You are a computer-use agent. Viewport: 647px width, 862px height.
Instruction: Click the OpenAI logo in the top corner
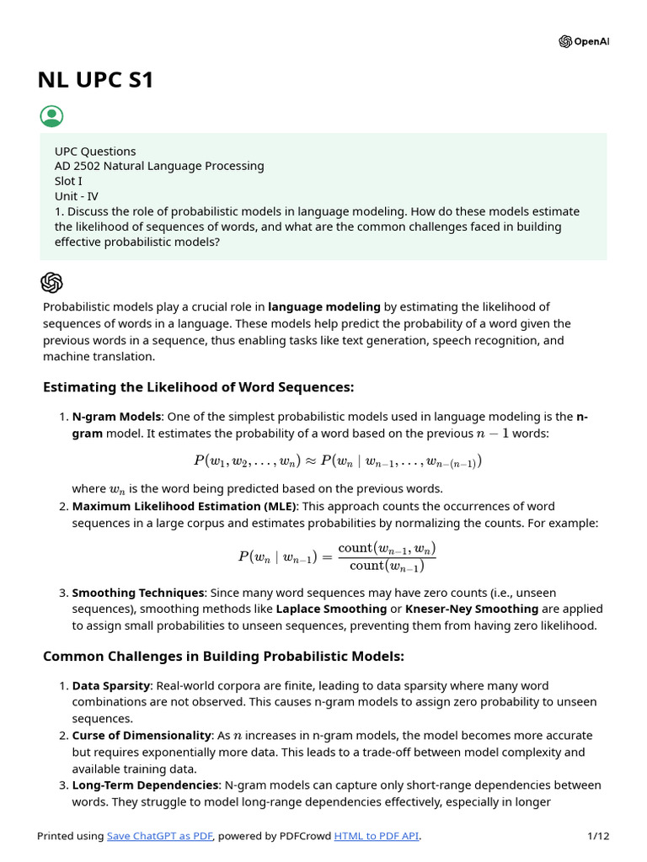pos(583,42)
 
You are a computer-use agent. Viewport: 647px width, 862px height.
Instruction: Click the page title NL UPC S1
pos(95,81)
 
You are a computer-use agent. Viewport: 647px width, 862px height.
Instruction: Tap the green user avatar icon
pos(51,116)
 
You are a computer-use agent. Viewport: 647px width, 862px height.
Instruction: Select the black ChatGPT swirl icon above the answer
pos(51,282)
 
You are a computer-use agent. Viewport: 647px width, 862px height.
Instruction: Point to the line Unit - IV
pos(78,196)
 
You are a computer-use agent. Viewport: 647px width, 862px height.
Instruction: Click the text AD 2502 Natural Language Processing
pos(159,166)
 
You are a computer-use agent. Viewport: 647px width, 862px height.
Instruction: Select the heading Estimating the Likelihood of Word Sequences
pos(198,387)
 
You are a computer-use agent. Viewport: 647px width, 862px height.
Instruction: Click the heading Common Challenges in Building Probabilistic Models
pos(223,656)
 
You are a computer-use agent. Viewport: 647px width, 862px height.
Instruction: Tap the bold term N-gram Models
pos(116,417)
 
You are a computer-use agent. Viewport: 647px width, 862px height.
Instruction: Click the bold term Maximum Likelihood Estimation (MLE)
pos(184,506)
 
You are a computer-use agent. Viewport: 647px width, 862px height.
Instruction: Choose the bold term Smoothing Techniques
pos(138,593)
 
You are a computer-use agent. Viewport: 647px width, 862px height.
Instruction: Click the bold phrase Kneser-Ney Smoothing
pos(472,609)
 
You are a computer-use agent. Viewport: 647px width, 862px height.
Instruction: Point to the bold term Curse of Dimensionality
pos(142,736)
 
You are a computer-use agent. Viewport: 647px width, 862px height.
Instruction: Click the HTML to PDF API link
pos(376,836)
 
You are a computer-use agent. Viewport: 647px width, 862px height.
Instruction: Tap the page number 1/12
pos(597,836)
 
